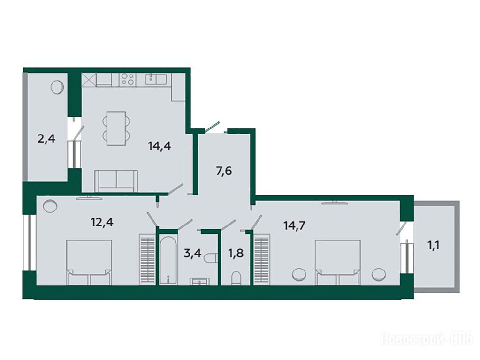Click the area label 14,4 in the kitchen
point(159,146)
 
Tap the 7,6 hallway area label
point(224,171)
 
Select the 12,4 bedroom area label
point(102,222)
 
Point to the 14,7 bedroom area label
point(295,226)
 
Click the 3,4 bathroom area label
point(192,254)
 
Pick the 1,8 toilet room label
point(236,254)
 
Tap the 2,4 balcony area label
point(46,139)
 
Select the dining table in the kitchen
point(116,128)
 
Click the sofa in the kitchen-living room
point(116,181)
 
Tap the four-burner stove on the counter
point(127,79)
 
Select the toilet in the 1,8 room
point(236,278)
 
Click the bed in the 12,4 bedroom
point(89,262)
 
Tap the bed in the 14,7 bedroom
point(337,262)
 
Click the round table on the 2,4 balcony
point(57,87)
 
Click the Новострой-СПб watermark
point(427,340)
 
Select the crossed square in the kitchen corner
point(89,80)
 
